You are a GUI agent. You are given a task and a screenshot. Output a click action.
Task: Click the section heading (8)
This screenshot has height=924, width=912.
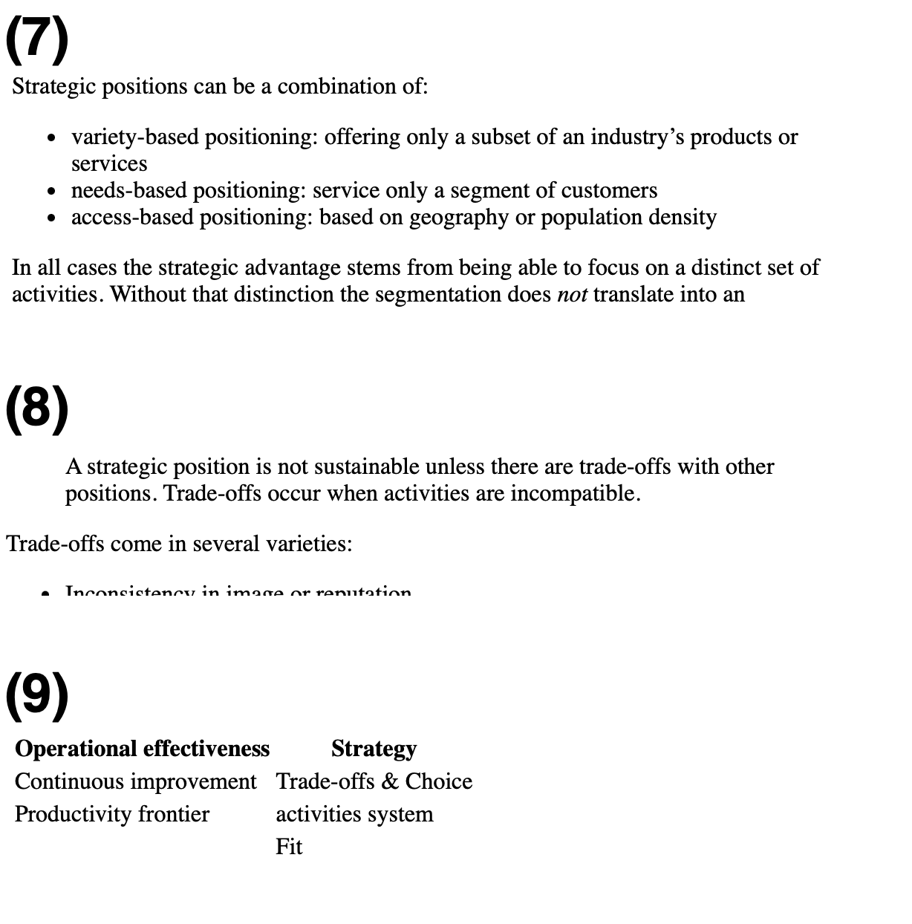pyautogui.click(x=37, y=407)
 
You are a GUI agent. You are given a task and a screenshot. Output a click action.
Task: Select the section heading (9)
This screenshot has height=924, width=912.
pyautogui.click(x=37, y=694)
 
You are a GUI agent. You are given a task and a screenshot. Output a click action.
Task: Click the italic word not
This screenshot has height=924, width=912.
pyautogui.click(x=572, y=295)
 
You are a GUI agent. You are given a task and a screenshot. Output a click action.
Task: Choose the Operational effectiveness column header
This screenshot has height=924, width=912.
pyautogui.click(x=142, y=749)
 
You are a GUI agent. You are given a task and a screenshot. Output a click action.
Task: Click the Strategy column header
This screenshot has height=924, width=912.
pyautogui.click(x=374, y=749)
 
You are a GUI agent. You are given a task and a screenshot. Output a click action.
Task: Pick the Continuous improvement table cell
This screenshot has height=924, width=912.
pyautogui.click(x=135, y=781)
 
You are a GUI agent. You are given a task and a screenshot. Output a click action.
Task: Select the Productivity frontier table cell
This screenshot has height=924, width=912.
pyautogui.click(x=112, y=814)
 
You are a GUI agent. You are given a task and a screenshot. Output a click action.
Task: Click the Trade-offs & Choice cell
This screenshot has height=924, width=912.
pyautogui.click(x=374, y=781)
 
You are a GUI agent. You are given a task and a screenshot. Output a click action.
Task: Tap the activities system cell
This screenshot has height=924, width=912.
pyautogui.click(x=354, y=814)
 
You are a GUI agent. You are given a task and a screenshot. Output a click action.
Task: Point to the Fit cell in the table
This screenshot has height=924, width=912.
pyautogui.click(x=289, y=847)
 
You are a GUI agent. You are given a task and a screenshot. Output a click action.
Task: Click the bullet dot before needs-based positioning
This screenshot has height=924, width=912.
pyautogui.click(x=51, y=192)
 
